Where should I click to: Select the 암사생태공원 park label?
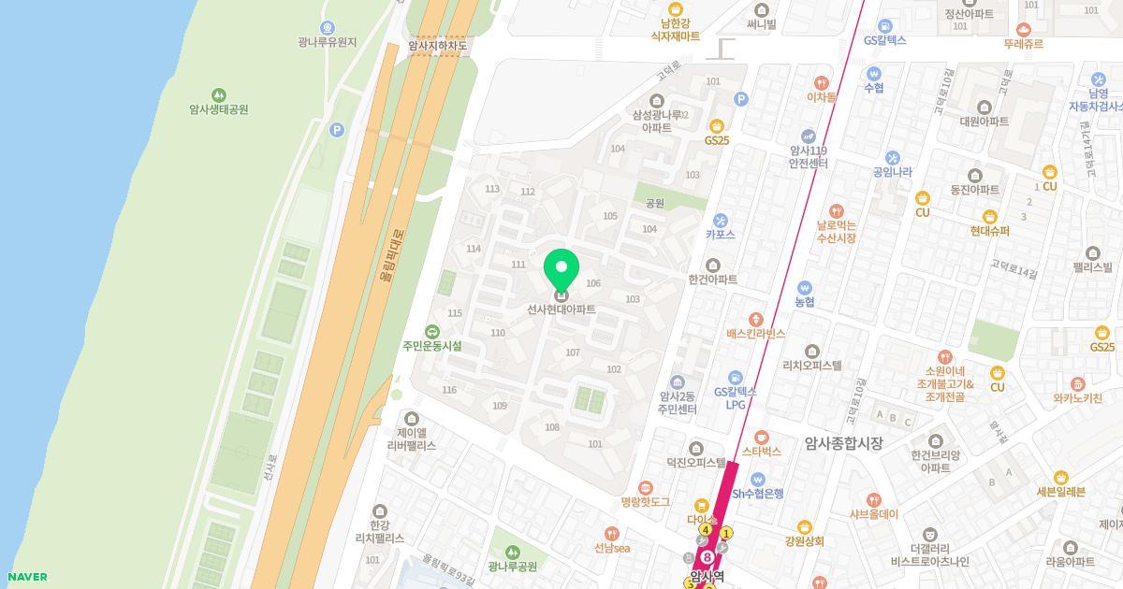[218, 109]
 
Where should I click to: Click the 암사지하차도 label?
[437, 44]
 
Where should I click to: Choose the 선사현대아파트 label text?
[561, 309]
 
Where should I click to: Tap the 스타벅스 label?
[761, 452]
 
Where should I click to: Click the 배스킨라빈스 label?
[755, 333]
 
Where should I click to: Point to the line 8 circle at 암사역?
[707, 558]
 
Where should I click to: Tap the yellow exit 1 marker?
[726, 533]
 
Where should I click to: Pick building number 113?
[492, 189]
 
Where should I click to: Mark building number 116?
[449, 390]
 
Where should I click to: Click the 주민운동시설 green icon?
[432, 331]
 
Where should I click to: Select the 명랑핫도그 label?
[646, 502]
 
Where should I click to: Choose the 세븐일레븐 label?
[1060, 492]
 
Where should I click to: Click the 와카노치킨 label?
[1077, 398]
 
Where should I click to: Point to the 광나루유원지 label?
[328, 42]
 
